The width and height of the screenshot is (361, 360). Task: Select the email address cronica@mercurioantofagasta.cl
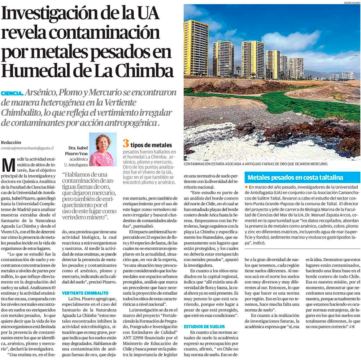point(27,148)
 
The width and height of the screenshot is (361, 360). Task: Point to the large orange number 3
point(125,143)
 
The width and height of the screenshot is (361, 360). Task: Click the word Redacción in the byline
point(11,142)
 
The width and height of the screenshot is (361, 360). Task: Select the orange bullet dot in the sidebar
point(246,187)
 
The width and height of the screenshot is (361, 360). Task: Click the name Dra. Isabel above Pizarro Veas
point(78,148)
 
